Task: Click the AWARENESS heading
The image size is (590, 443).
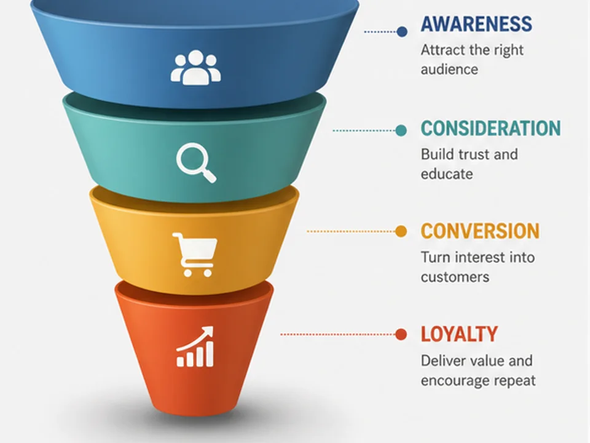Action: coord(476,24)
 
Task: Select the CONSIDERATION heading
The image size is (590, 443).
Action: coord(490,129)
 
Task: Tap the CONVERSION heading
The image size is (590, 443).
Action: coord(480,231)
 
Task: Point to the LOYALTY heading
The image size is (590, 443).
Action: coord(460,334)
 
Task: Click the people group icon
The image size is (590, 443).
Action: coord(195,68)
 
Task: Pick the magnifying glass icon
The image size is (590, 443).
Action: coord(196,162)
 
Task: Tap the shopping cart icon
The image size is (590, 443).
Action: coord(195,255)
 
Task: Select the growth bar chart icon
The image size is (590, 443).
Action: coord(195,346)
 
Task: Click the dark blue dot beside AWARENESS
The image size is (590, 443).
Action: coord(402,31)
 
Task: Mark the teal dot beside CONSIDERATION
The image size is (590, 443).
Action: coord(401,130)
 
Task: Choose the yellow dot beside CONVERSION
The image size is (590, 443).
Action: coord(401,231)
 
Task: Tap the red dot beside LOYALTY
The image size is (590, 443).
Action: coord(401,334)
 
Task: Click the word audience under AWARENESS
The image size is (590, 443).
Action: coord(449,70)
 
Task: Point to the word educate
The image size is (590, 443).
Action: coord(447,174)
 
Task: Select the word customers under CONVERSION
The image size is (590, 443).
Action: coord(455,277)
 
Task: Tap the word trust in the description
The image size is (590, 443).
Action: coord(470,154)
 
